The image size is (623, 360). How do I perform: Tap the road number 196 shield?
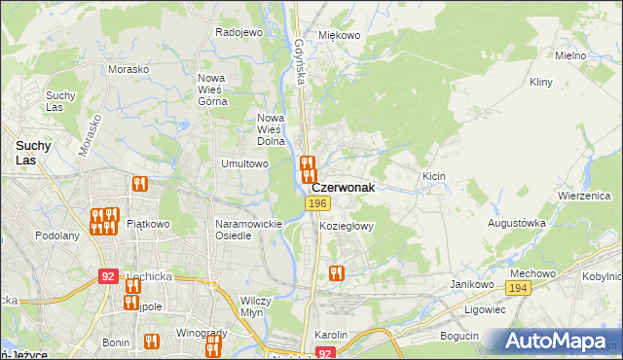(316, 203)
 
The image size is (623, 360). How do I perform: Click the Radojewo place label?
(239, 32)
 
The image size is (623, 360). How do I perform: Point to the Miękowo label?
(340, 35)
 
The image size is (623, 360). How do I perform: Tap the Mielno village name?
(570, 55)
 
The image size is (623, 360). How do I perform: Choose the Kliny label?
(541, 83)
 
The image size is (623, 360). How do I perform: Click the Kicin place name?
(433, 176)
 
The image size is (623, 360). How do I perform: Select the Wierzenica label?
(583, 195)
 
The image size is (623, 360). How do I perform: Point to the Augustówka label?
(517, 223)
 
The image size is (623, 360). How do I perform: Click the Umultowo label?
(244, 163)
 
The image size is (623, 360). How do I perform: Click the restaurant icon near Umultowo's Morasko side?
(139, 183)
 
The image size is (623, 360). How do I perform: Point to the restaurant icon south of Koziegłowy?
(337, 273)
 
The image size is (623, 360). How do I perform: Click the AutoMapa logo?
(559, 342)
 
